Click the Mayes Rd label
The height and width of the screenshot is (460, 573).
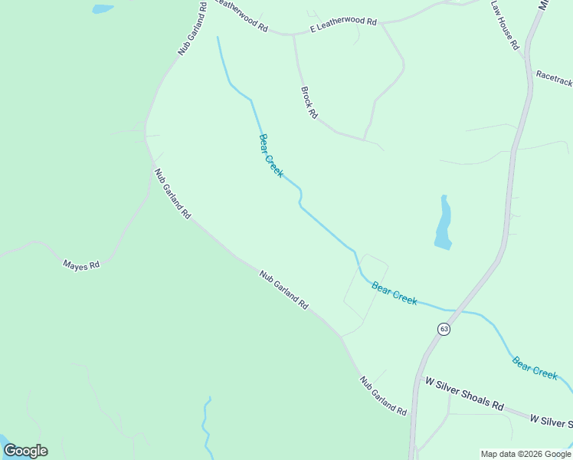pyautogui.click(x=81, y=265)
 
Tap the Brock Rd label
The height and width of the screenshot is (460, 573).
pyautogui.click(x=309, y=102)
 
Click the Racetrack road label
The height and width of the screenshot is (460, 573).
pyautogui.click(x=553, y=76)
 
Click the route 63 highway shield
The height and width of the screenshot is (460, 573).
pyautogui.click(x=444, y=329)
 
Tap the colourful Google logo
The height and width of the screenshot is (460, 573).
pyautogui.click(x=25, y=451)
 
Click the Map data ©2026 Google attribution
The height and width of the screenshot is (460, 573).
pyautogui.click(x=526, y=454)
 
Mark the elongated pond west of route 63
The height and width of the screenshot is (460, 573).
pyautogui.click(x=444, y=224)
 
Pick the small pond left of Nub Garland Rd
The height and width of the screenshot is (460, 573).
pyautogui.click(x=102, y=9)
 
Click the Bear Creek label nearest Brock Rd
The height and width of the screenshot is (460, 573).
pyautogui.click(x=270, y=156)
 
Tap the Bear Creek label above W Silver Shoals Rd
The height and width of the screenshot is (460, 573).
pyautogui.click(x=535, y=367)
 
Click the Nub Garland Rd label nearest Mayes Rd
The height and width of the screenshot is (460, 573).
pyautogui.click(x=172, y=194)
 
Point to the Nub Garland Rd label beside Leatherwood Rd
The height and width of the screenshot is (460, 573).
pyautogui.click(x=193, y=28)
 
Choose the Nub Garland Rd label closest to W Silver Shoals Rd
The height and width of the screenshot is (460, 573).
pyautogui.click(x=383, y=396)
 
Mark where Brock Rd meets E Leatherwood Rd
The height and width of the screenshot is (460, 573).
pyautogui.click(x=293, y=35)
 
